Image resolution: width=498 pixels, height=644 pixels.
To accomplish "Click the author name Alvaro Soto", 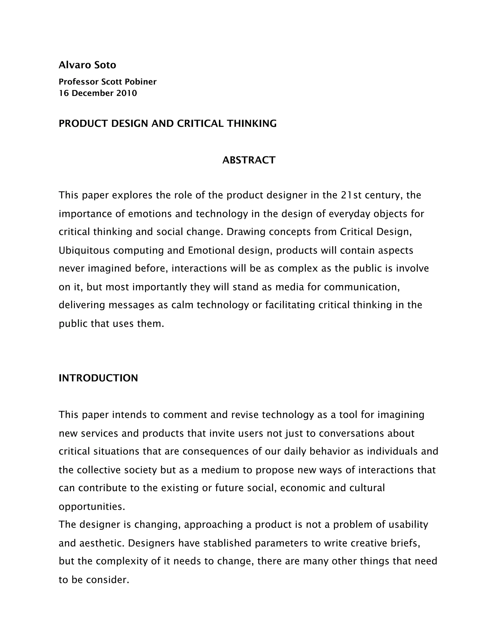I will point(87,65).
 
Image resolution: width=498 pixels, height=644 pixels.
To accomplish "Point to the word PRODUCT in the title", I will point(83,123).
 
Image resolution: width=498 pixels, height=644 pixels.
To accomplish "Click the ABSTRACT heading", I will point(249,160).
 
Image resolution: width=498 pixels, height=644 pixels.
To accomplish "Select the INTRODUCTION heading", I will point(98,378).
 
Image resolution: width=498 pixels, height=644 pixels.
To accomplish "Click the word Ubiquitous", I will point(84,250).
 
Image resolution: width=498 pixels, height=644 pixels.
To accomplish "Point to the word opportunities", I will point(92,507).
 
